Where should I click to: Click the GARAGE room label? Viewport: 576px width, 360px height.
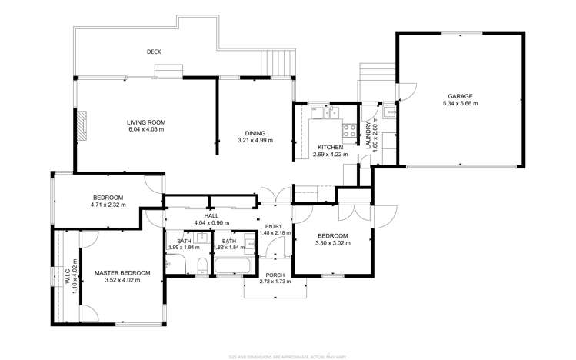[461, 96]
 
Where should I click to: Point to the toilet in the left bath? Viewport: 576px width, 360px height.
[201, 266]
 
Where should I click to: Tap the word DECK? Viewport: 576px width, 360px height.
[154, 52]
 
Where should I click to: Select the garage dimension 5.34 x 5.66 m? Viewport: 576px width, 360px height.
[461, 103]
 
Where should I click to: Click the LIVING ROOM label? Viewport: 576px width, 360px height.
[146, 122]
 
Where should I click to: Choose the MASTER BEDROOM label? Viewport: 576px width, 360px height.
[122, 273]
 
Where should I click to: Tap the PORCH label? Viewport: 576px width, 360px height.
[275, 275]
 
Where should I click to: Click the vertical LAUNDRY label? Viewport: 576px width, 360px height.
[368, 135]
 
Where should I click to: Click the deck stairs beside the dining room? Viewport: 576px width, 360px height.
[278, 60]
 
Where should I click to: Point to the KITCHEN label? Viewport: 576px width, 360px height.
[331, 148]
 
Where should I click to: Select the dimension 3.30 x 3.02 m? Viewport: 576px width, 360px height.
[332, 243]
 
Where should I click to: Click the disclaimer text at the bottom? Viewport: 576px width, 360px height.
[288, 356]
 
